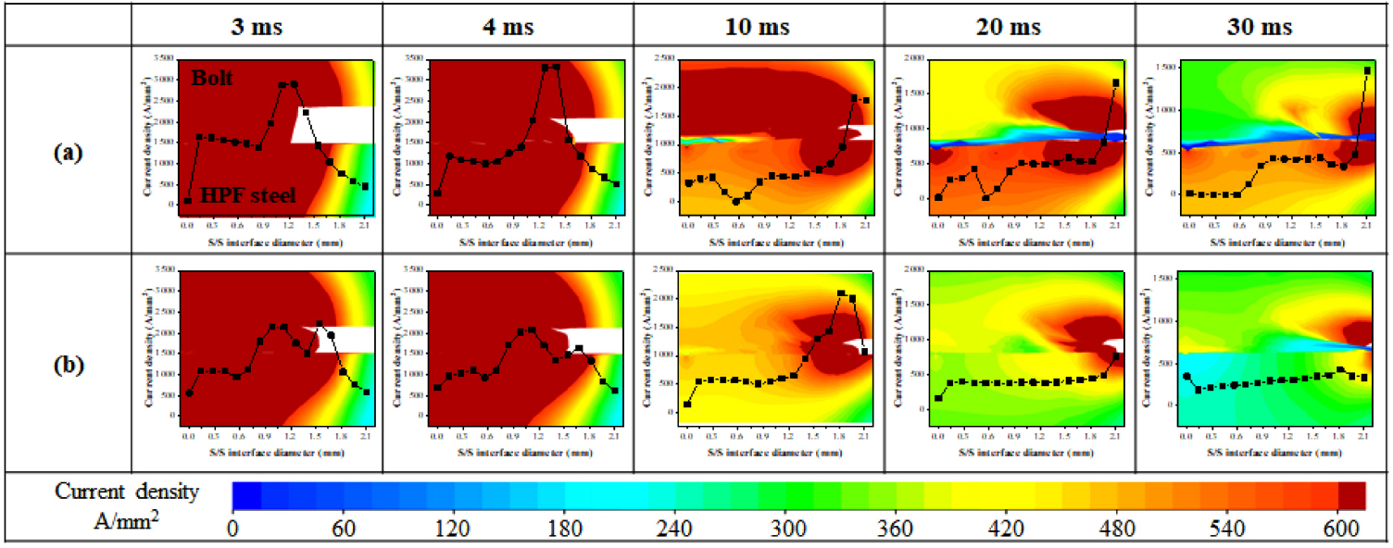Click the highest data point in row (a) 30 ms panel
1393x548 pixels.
1367,70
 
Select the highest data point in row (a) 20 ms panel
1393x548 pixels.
1115,83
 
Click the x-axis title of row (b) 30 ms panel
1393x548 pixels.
1262,454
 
